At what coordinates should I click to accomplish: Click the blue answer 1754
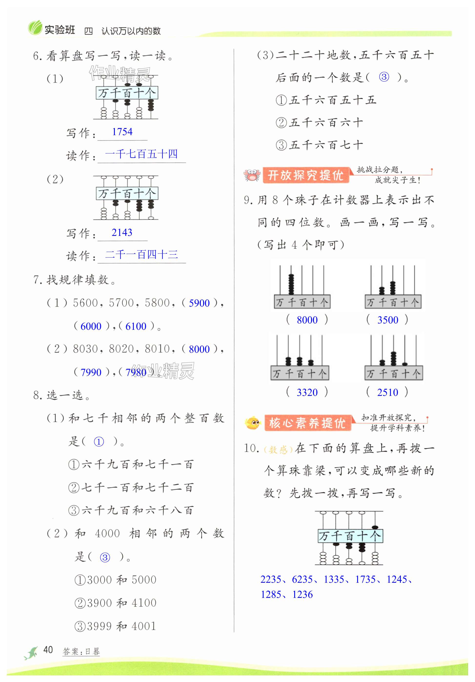[x=122, y=131]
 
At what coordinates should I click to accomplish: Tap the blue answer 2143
[x=122, y=232]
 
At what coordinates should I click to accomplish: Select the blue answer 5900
[x=199, y=303]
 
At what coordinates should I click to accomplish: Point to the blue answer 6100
[x=136, y=326]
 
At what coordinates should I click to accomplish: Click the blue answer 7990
[x=91, y=372]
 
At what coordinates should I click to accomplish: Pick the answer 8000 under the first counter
[x=307, y=320]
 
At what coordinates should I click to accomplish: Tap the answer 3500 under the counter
[x=387, y=320]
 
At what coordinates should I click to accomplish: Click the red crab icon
[x=252, y=175]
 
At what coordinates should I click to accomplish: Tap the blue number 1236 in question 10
[x=303, y=594]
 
